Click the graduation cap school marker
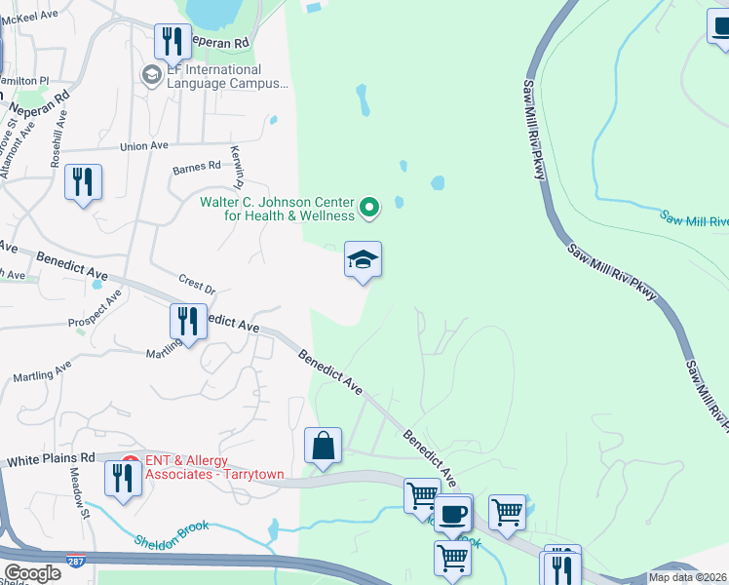(x=363, y=260)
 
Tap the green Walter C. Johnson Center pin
(x=369, y=207)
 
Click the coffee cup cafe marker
(x=452, y=513)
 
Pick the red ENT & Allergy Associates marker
(x=131, y=466)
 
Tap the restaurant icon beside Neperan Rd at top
(x=173, y=41)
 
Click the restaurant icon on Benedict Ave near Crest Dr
(x=188, y=321)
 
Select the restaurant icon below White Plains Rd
(x=122, y=479)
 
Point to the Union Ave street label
(x=144, y=146)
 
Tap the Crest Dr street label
(x=197, y=286)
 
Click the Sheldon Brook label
(x=172, y=533)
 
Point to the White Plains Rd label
(x=51, y=457)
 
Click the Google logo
(x=32, y=572)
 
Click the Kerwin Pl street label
(x=236, y=167)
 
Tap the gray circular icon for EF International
(x=151, y=75)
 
